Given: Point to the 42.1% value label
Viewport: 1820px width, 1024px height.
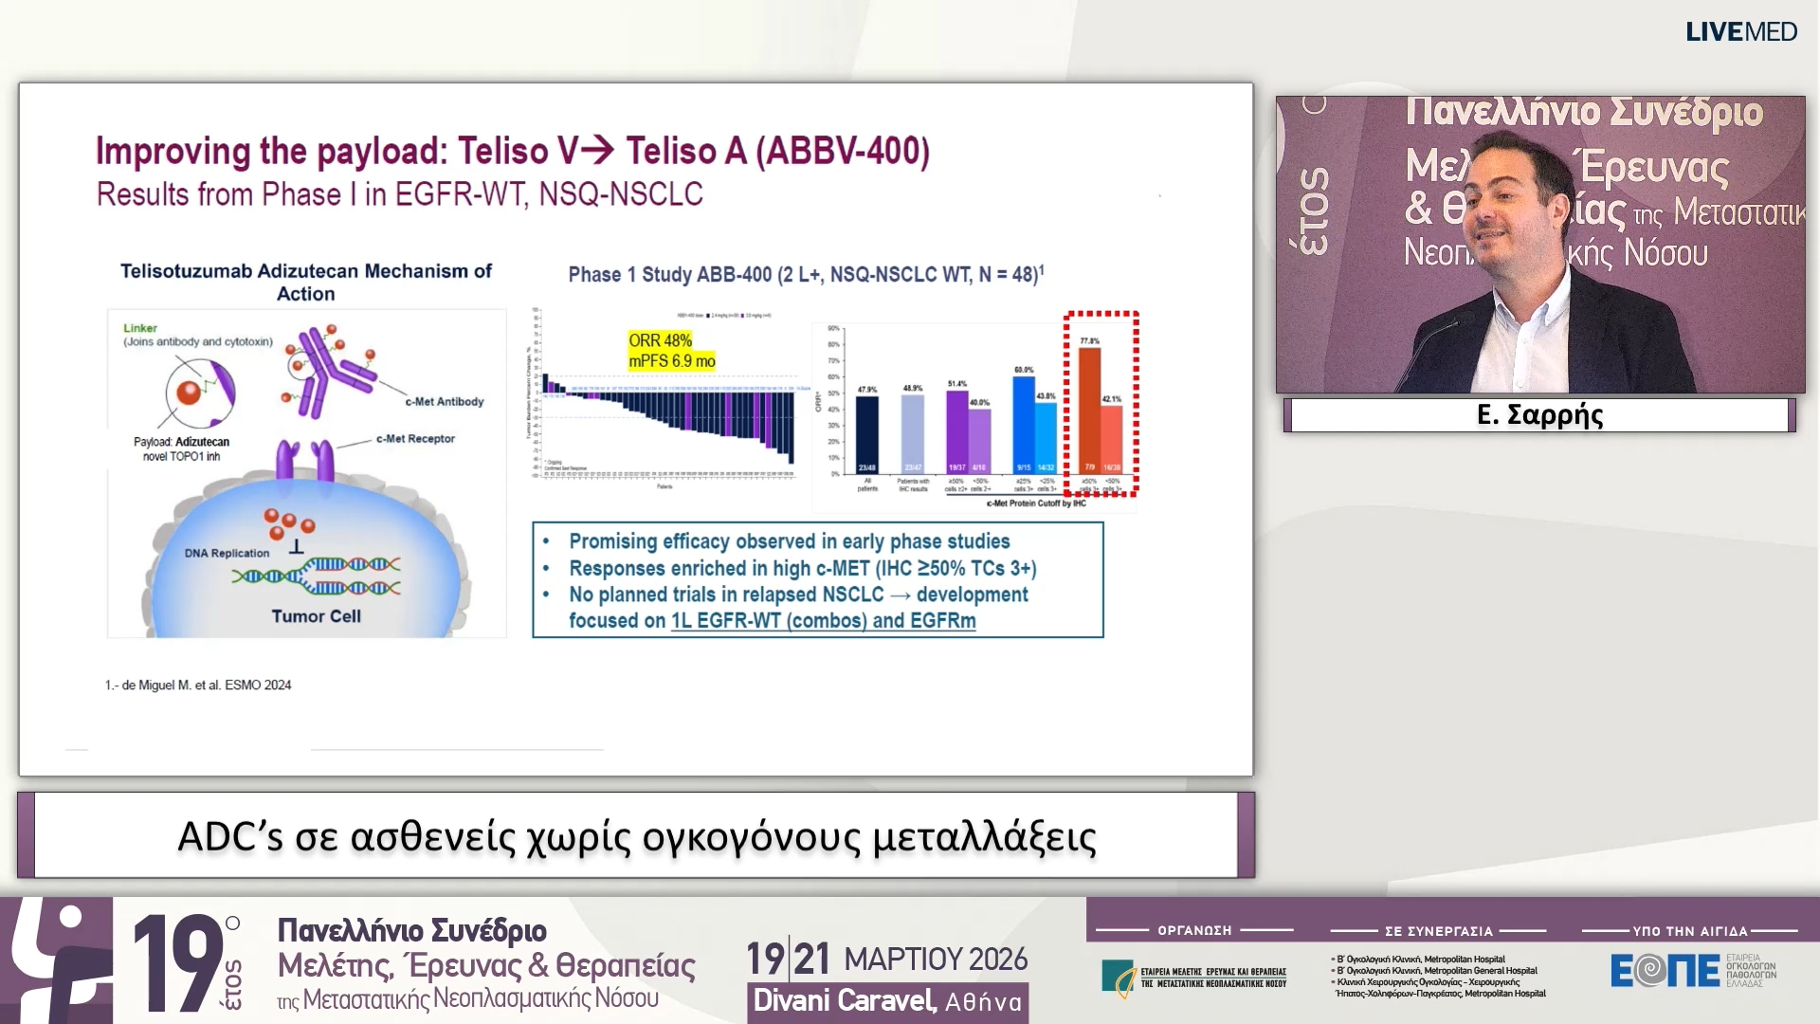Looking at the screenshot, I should [1111, 399].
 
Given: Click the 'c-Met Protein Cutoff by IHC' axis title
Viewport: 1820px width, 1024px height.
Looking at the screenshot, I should [1035, 503].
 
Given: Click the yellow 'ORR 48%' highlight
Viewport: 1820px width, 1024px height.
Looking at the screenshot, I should [661, 340].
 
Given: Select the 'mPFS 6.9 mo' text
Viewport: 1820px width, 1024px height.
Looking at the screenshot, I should [671, 361].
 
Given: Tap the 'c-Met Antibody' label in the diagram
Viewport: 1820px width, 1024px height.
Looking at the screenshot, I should [444, 402].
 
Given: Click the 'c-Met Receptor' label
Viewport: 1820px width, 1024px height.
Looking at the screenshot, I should [415, 439].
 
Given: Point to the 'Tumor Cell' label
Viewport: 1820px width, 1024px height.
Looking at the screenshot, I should [316, 616].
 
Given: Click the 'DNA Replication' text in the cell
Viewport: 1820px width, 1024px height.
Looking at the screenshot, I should [227, 553].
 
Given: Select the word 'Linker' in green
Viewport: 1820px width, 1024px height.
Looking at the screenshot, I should [140, 328].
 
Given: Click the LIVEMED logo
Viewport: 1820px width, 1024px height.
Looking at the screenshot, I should [1740, 32].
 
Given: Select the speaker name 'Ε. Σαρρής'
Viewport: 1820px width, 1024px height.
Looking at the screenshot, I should [1539, 415].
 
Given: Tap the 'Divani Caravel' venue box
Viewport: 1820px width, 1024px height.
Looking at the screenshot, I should [886, 1001].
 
